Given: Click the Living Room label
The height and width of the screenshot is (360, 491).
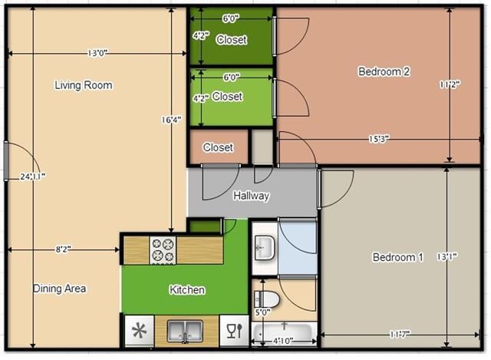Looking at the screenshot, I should (84, 85).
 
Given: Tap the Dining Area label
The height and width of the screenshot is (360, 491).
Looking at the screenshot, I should (59, 289).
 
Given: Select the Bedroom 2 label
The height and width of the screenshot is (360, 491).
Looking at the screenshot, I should (384, 71).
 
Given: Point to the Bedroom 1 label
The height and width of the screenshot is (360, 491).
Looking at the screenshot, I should (397, 257).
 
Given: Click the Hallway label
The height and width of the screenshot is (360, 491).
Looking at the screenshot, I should (252, 196).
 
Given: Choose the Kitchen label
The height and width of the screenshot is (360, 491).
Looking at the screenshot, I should (187, 289).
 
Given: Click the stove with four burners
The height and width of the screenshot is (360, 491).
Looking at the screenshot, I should (163, 250).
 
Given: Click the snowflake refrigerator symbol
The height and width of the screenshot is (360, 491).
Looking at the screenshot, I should (139, 332).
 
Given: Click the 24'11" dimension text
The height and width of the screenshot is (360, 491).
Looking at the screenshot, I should (33, 176).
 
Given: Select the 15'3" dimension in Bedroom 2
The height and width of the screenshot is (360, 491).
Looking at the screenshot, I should (378, 139).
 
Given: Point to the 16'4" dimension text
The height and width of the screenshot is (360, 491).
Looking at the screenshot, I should (171, 119).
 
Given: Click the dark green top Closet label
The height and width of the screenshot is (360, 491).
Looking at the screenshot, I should (231, 39).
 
